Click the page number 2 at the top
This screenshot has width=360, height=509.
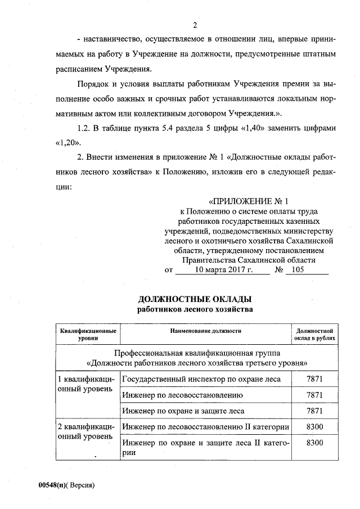click(x=195, y=25)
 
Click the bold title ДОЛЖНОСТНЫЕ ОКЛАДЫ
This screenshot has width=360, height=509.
click(x=195, y=299)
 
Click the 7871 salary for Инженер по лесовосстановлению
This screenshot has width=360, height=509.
click(x=314, y=395)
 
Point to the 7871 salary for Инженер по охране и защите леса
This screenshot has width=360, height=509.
click(x=314, y=411)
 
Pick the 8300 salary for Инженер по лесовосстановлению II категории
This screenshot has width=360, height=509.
click(x=314, y=427)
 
